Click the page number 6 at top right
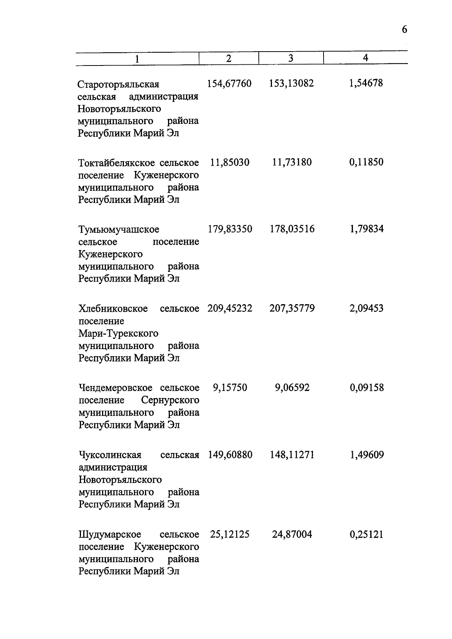coord(404,30)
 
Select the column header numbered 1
coord(137,59)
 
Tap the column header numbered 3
coord(290,58)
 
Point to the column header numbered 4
coord(365,58)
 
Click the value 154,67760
coord(229,84)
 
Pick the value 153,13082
coord(292,84)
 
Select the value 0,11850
coord(366,163)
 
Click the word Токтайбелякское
coord(117,163)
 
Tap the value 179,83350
coord(230,229)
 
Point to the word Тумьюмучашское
coord(119,230)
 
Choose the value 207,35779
coord(292,308)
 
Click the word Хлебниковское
coord(113,309)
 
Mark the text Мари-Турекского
coord(118,334)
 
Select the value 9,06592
coord(292,387)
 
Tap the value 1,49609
coord(366,455)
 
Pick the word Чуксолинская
coord(110,455)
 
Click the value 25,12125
coord(230,534)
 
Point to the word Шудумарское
coord(110,535)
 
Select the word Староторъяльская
coord(118,84)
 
